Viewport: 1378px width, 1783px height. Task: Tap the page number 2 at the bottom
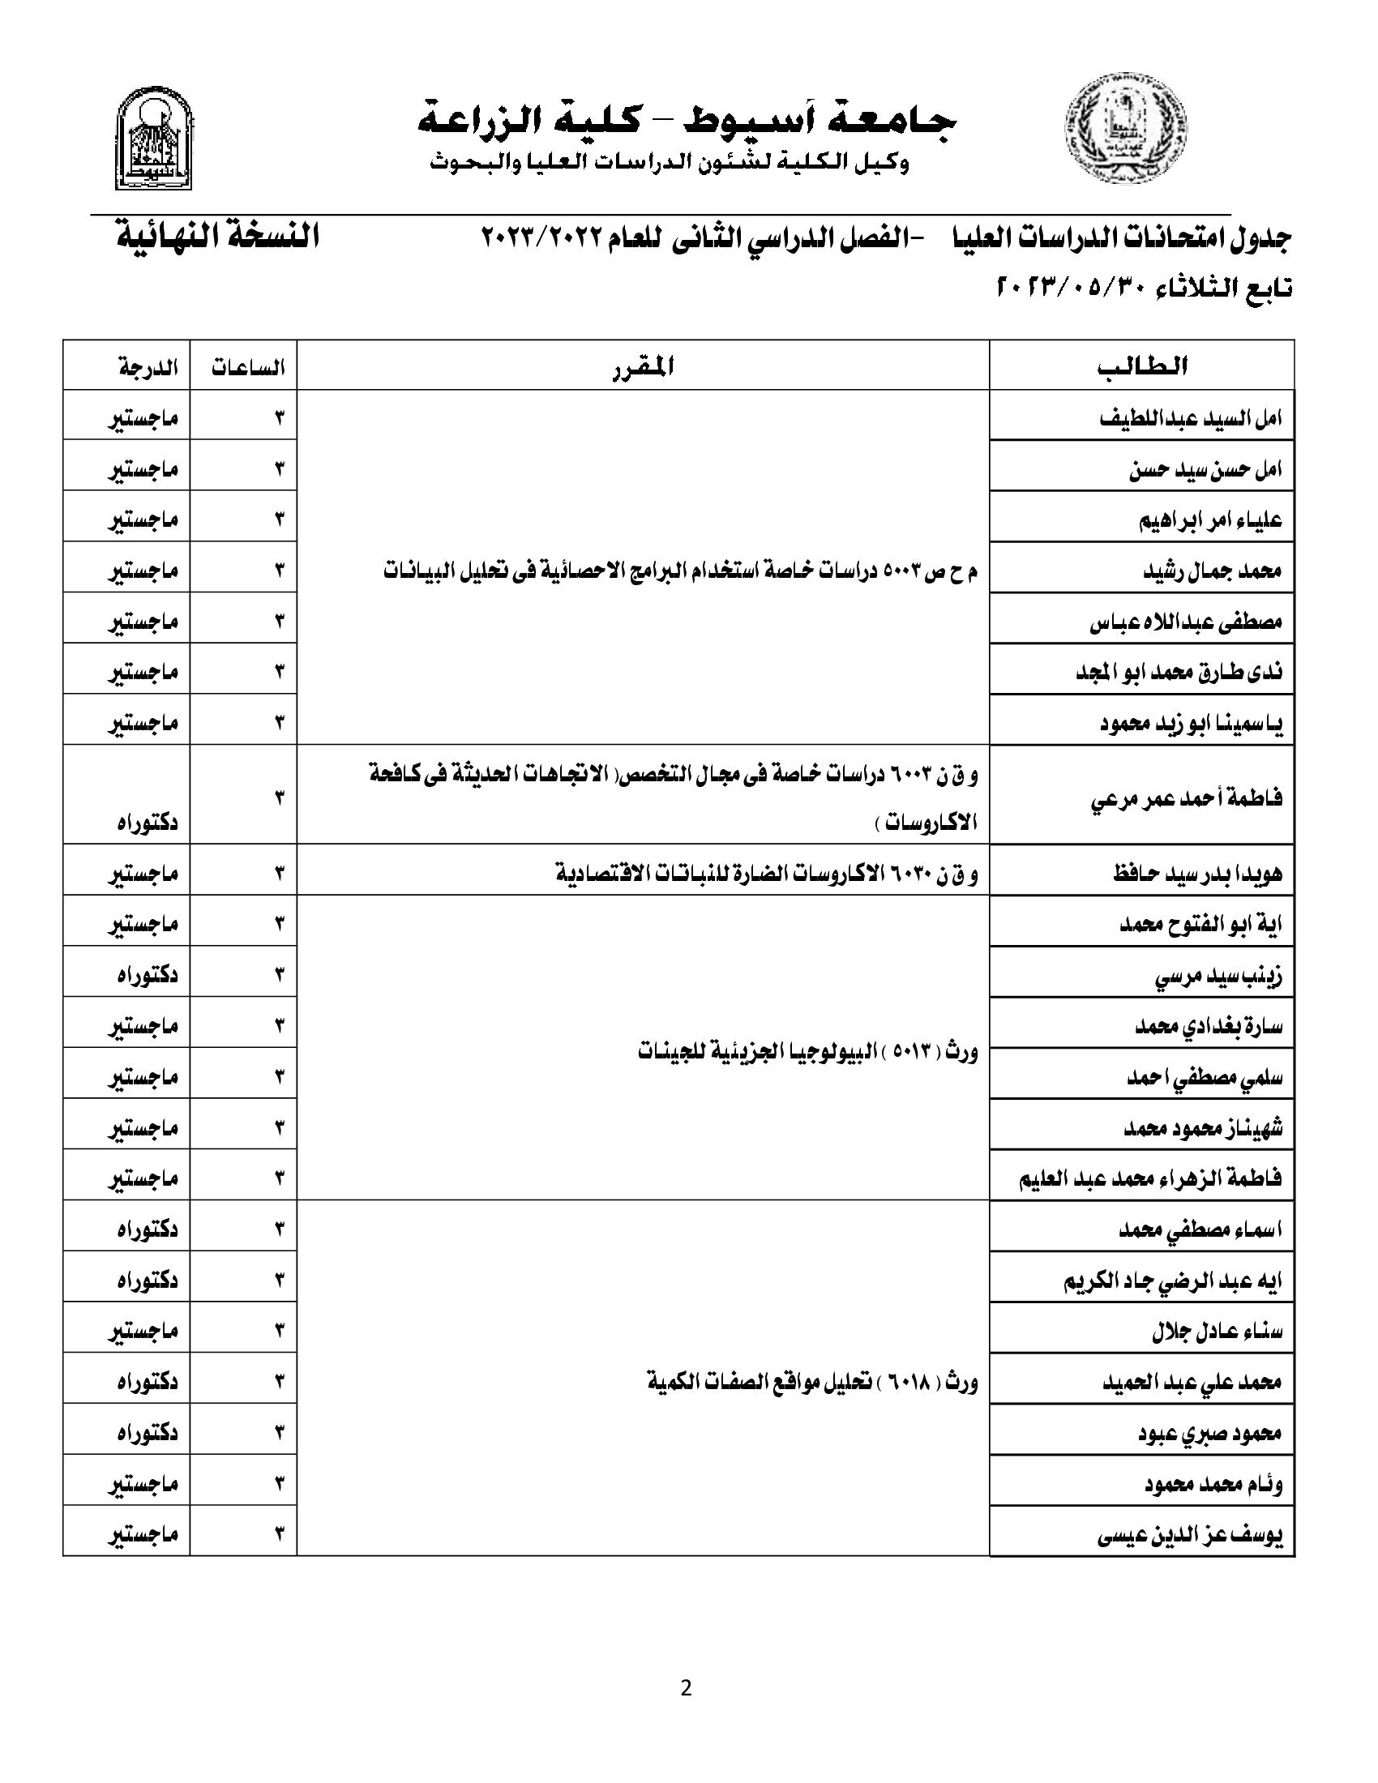pos(686,1687)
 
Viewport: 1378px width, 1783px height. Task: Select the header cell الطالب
pos(1141,366)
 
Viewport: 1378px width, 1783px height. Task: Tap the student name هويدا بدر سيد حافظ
pos(1197,874)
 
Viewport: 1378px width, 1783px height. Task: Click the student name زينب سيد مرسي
pos(1218,976)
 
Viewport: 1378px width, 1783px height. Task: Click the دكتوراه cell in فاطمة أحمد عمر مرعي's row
pos(148,822)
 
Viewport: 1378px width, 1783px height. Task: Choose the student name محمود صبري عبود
pos(1210,1434)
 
